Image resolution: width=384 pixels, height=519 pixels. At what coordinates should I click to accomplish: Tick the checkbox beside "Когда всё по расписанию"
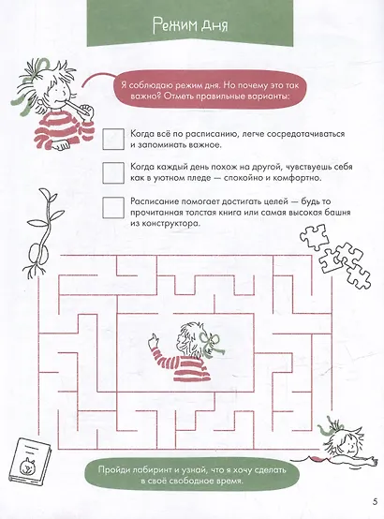point(115,139)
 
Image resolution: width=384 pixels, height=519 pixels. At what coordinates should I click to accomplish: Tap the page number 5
point(374,509)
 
